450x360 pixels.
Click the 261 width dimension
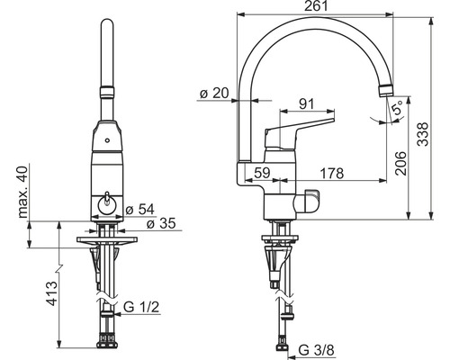point(317,6)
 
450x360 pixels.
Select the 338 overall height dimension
point(423,134)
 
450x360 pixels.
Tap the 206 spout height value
point(400,164)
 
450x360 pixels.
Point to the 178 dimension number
point(332,173)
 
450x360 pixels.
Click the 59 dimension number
point(262,173)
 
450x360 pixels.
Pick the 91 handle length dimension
point(307,103)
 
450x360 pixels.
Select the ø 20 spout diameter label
point(214,94)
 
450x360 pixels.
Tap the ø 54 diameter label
point(139,210)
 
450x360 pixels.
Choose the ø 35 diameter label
point(161,223)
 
